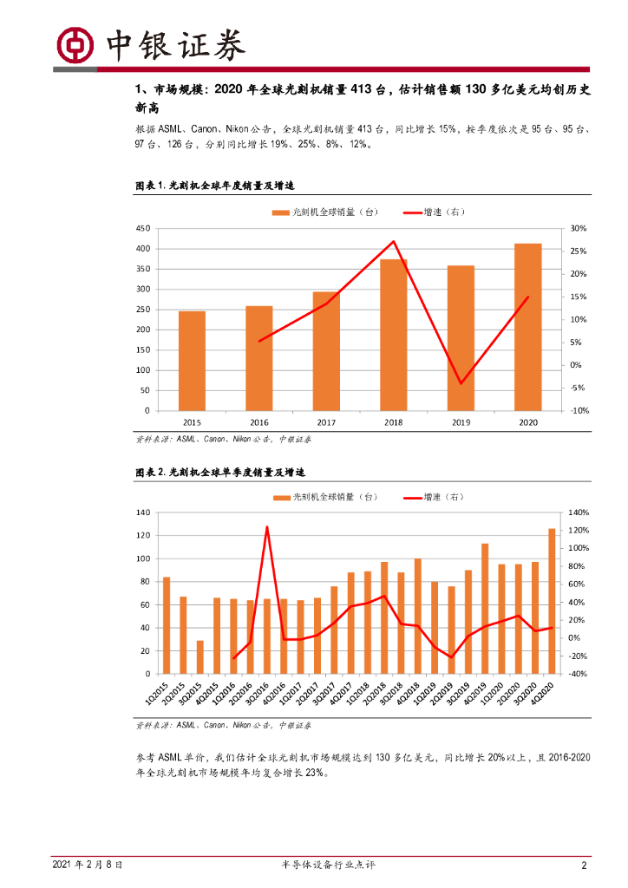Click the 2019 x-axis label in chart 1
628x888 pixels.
[x=461, y=421]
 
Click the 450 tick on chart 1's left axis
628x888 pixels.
[x=141, y=228]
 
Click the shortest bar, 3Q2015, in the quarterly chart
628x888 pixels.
[x=200, y=656]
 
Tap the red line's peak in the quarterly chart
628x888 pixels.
[x=267, y=527]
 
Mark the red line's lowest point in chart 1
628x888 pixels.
[x=461, y=383]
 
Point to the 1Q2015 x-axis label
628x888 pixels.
[x=162, y=694]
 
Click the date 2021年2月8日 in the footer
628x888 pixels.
[x=87, y=865]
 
